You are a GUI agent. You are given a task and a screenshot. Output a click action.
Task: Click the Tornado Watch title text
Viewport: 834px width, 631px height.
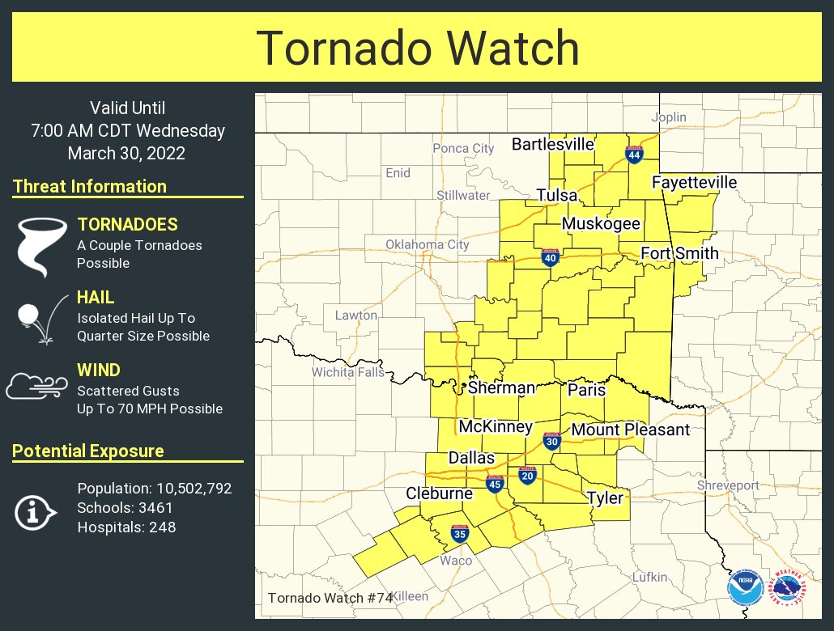click(418, 49)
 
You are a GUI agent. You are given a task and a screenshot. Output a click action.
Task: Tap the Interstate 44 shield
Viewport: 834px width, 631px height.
click(634, 154)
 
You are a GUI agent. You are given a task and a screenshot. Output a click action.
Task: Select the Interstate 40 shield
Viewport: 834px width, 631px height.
click(551, 257)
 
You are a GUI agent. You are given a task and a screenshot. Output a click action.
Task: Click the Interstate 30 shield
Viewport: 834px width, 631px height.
click(552, 441)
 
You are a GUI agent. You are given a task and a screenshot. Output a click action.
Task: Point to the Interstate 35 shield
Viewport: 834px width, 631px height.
click(460, 533)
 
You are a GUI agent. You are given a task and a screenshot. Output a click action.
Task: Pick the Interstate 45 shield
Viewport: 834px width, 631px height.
click(495, 484)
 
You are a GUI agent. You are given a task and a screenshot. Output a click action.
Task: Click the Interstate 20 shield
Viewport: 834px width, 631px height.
click(527, 475)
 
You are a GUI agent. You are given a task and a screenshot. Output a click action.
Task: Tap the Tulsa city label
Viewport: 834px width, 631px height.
click(557, 196)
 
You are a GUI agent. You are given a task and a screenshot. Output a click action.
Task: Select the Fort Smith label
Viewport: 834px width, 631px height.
click(679, 253)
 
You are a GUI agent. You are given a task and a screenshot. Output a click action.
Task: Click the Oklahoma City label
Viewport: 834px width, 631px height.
click(427, 244)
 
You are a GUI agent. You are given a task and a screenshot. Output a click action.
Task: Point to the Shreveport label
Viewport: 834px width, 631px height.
click(729, 485)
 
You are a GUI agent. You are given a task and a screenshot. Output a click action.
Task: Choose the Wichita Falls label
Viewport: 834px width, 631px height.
click(348, 373)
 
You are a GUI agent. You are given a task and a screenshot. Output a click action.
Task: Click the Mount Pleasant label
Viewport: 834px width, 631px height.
click(630, 430)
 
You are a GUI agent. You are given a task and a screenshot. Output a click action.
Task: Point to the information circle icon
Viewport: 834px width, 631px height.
click(34, 511)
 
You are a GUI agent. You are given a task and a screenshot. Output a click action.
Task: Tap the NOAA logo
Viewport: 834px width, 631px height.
click(743, 588)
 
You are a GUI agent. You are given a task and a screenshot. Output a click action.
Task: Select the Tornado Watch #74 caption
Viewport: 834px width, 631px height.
click(330, 598)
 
